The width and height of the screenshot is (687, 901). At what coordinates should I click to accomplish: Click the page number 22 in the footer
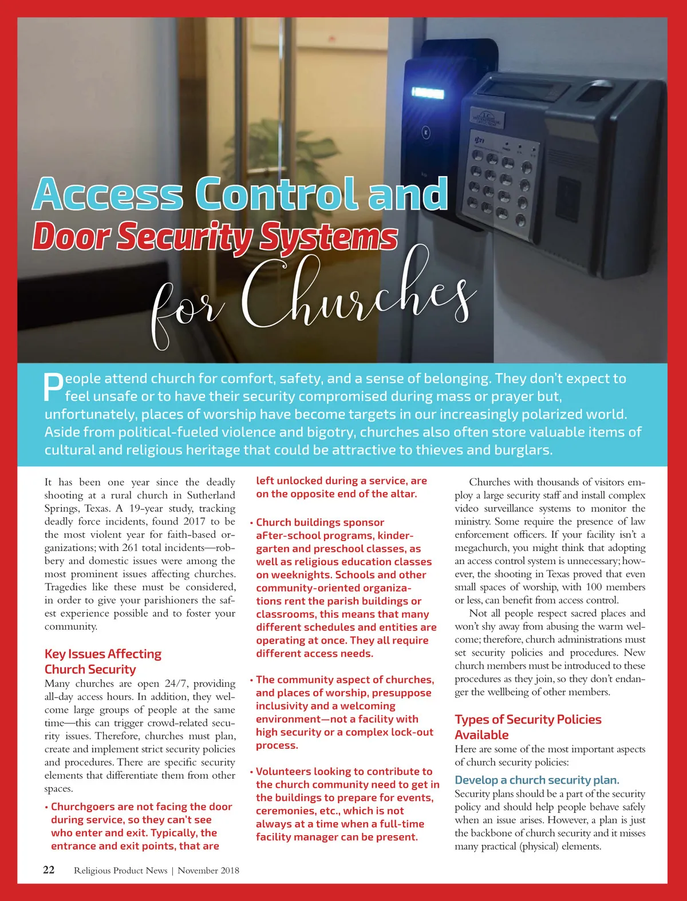(49, 870)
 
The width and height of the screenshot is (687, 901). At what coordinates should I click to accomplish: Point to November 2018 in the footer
(208, 871)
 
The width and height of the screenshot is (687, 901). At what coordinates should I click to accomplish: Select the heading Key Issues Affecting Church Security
(103, 661)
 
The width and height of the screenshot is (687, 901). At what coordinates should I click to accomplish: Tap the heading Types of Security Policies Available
(528, 727)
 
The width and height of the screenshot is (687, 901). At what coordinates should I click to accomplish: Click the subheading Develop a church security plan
(537, 780)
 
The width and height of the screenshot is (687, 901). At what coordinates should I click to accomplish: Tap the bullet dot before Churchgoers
(46, 807)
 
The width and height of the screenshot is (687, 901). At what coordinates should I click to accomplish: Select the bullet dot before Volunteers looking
(251, 772)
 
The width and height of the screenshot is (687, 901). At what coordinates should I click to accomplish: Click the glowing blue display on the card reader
(428, 93)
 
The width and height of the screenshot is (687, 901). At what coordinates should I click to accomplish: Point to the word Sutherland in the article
(211, 495)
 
